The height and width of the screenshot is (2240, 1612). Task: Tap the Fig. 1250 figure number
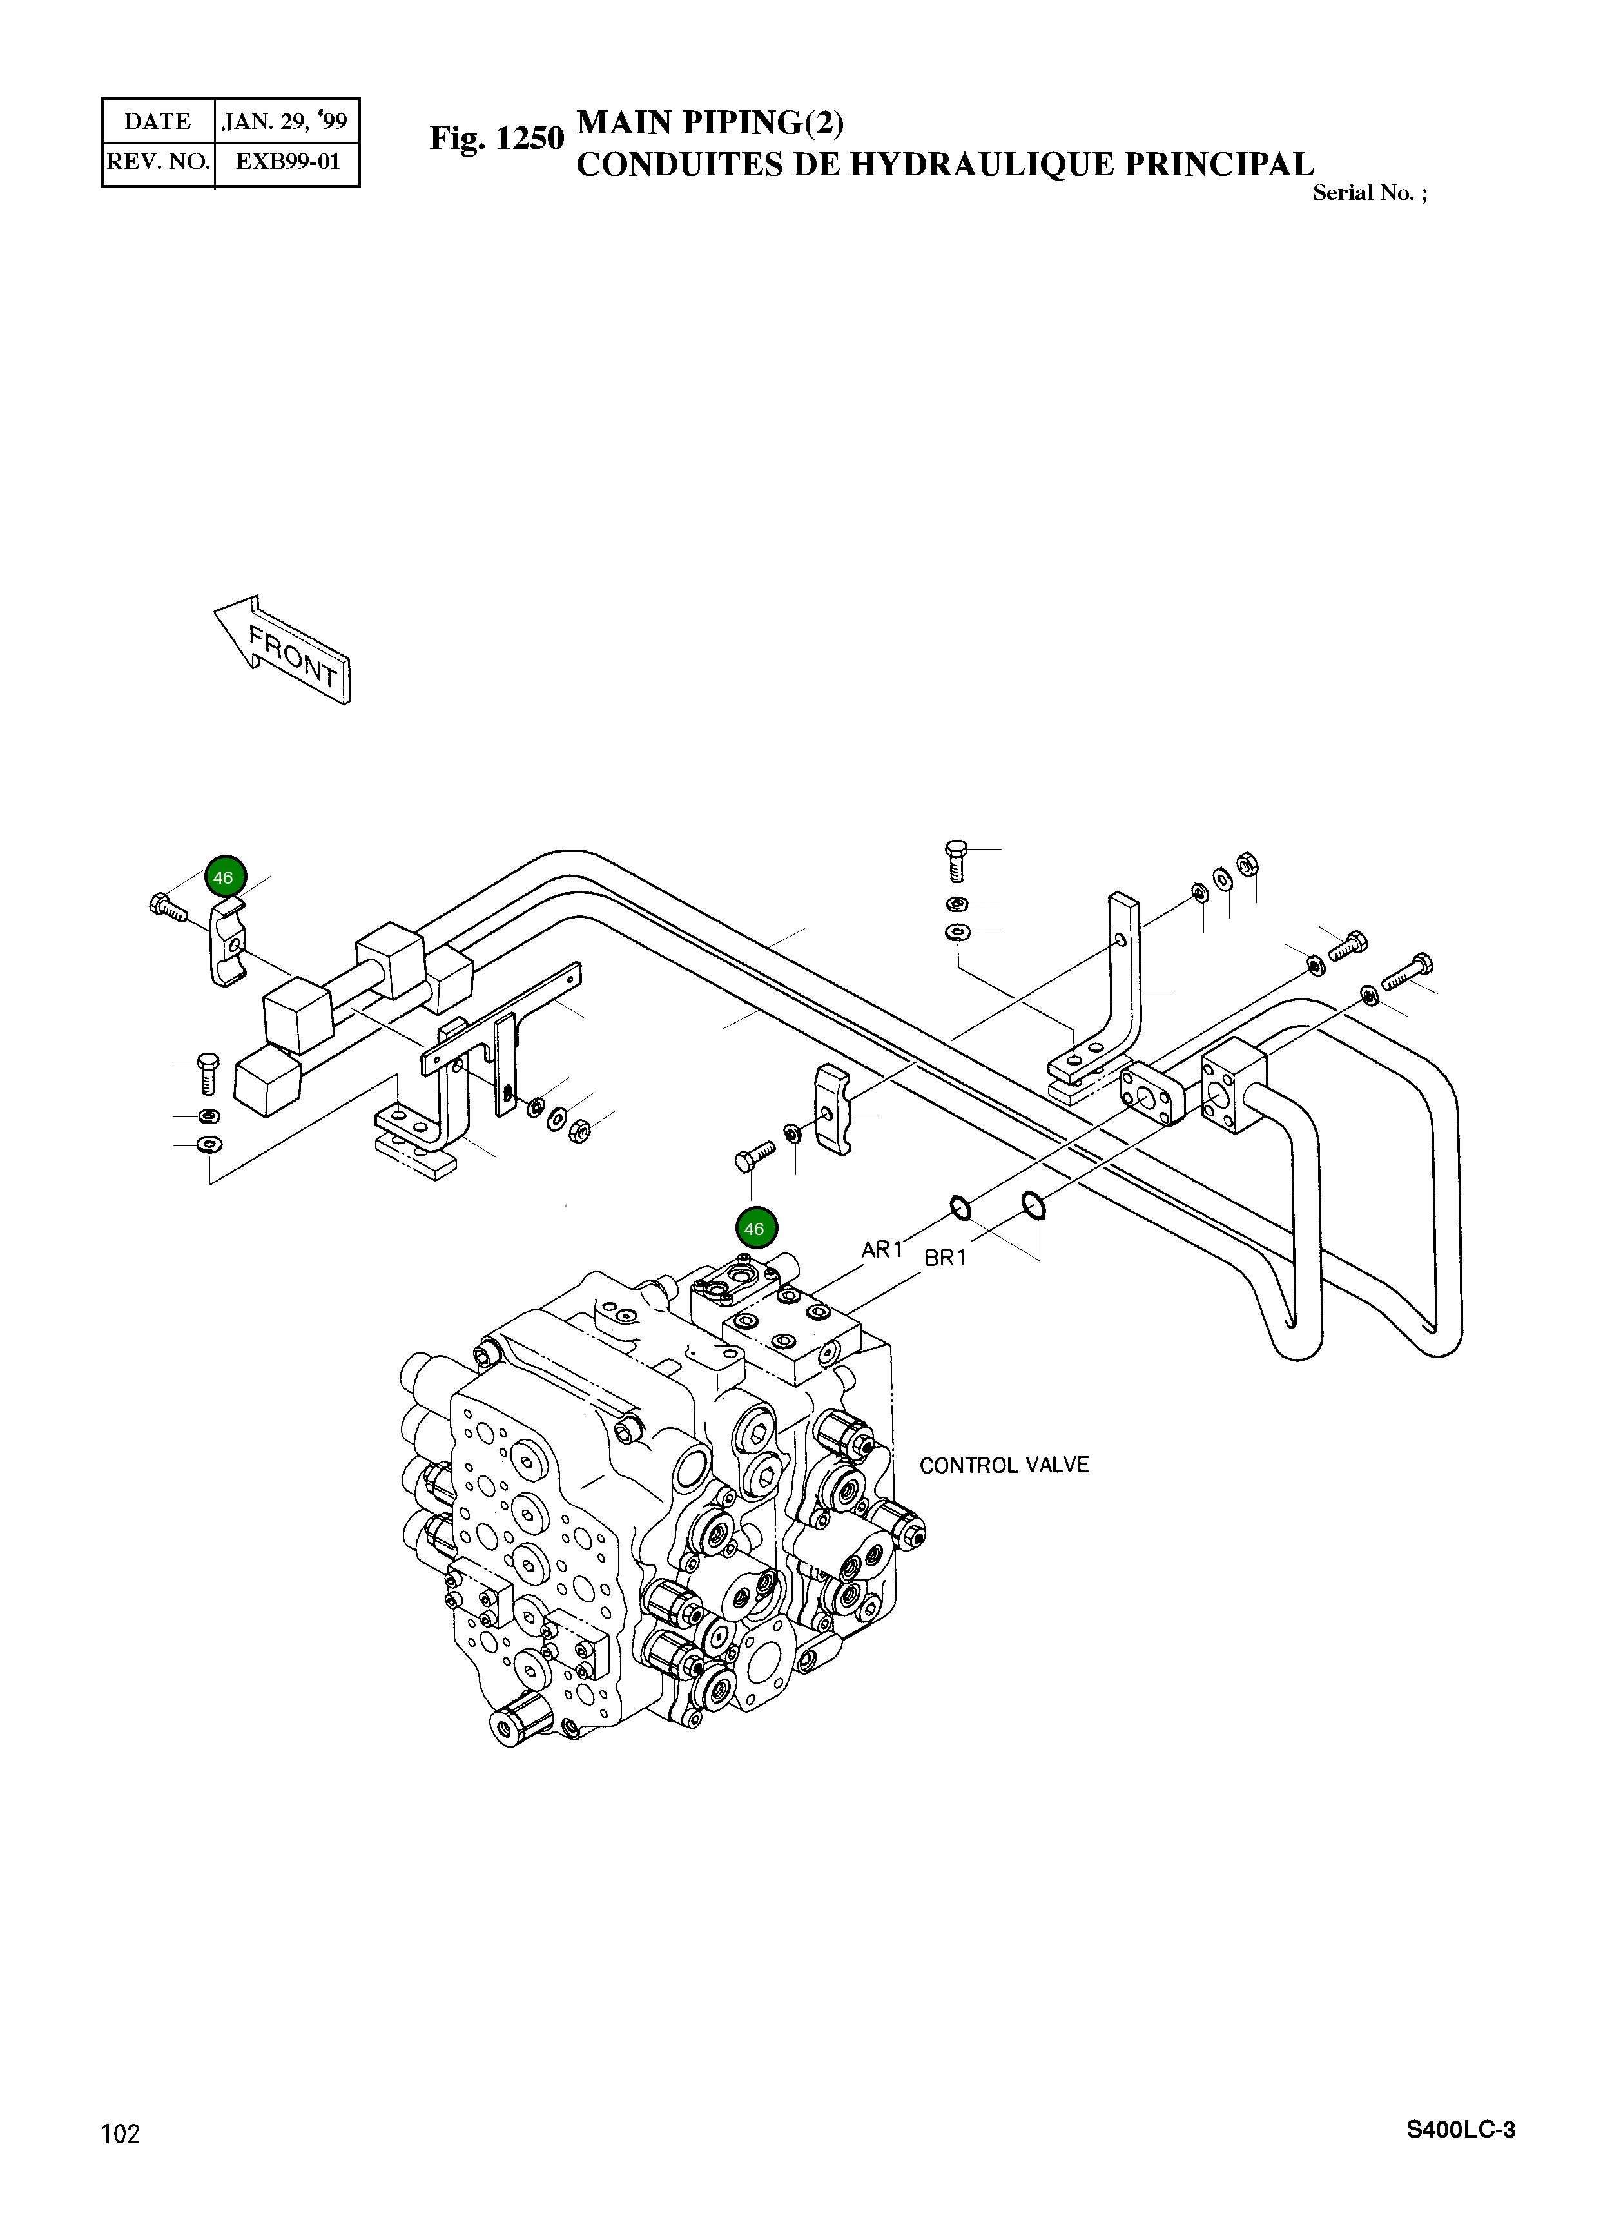point(496,139)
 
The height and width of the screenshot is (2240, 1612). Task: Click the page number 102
point(121,2134)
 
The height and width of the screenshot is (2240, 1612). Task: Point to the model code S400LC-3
point(1460,2130)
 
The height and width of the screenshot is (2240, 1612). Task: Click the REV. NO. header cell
point(158,162)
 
